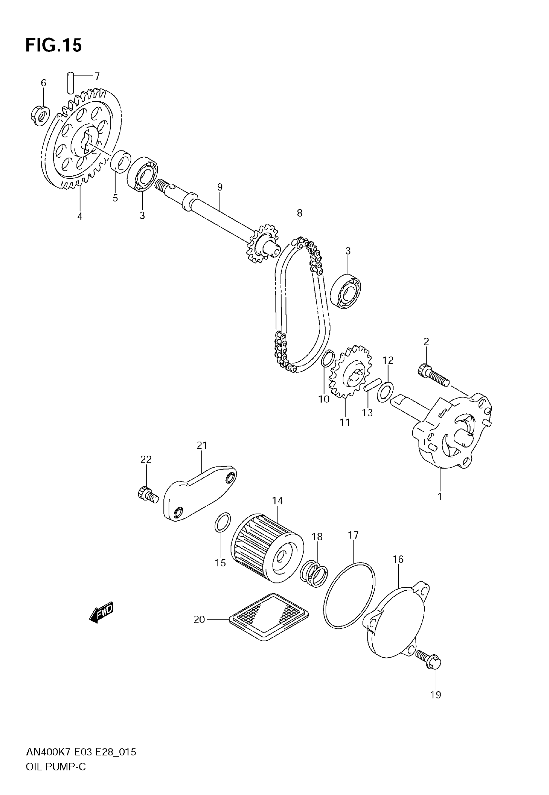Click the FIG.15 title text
[x=54, y=46]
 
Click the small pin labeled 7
[x=70, y=82]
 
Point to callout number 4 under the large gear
[x=80, y=217]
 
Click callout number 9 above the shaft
[x=220, y=187]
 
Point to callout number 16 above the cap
[x=398, y=560]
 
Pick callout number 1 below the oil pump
[x=439, y=497]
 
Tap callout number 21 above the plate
[x=202, y=446]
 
